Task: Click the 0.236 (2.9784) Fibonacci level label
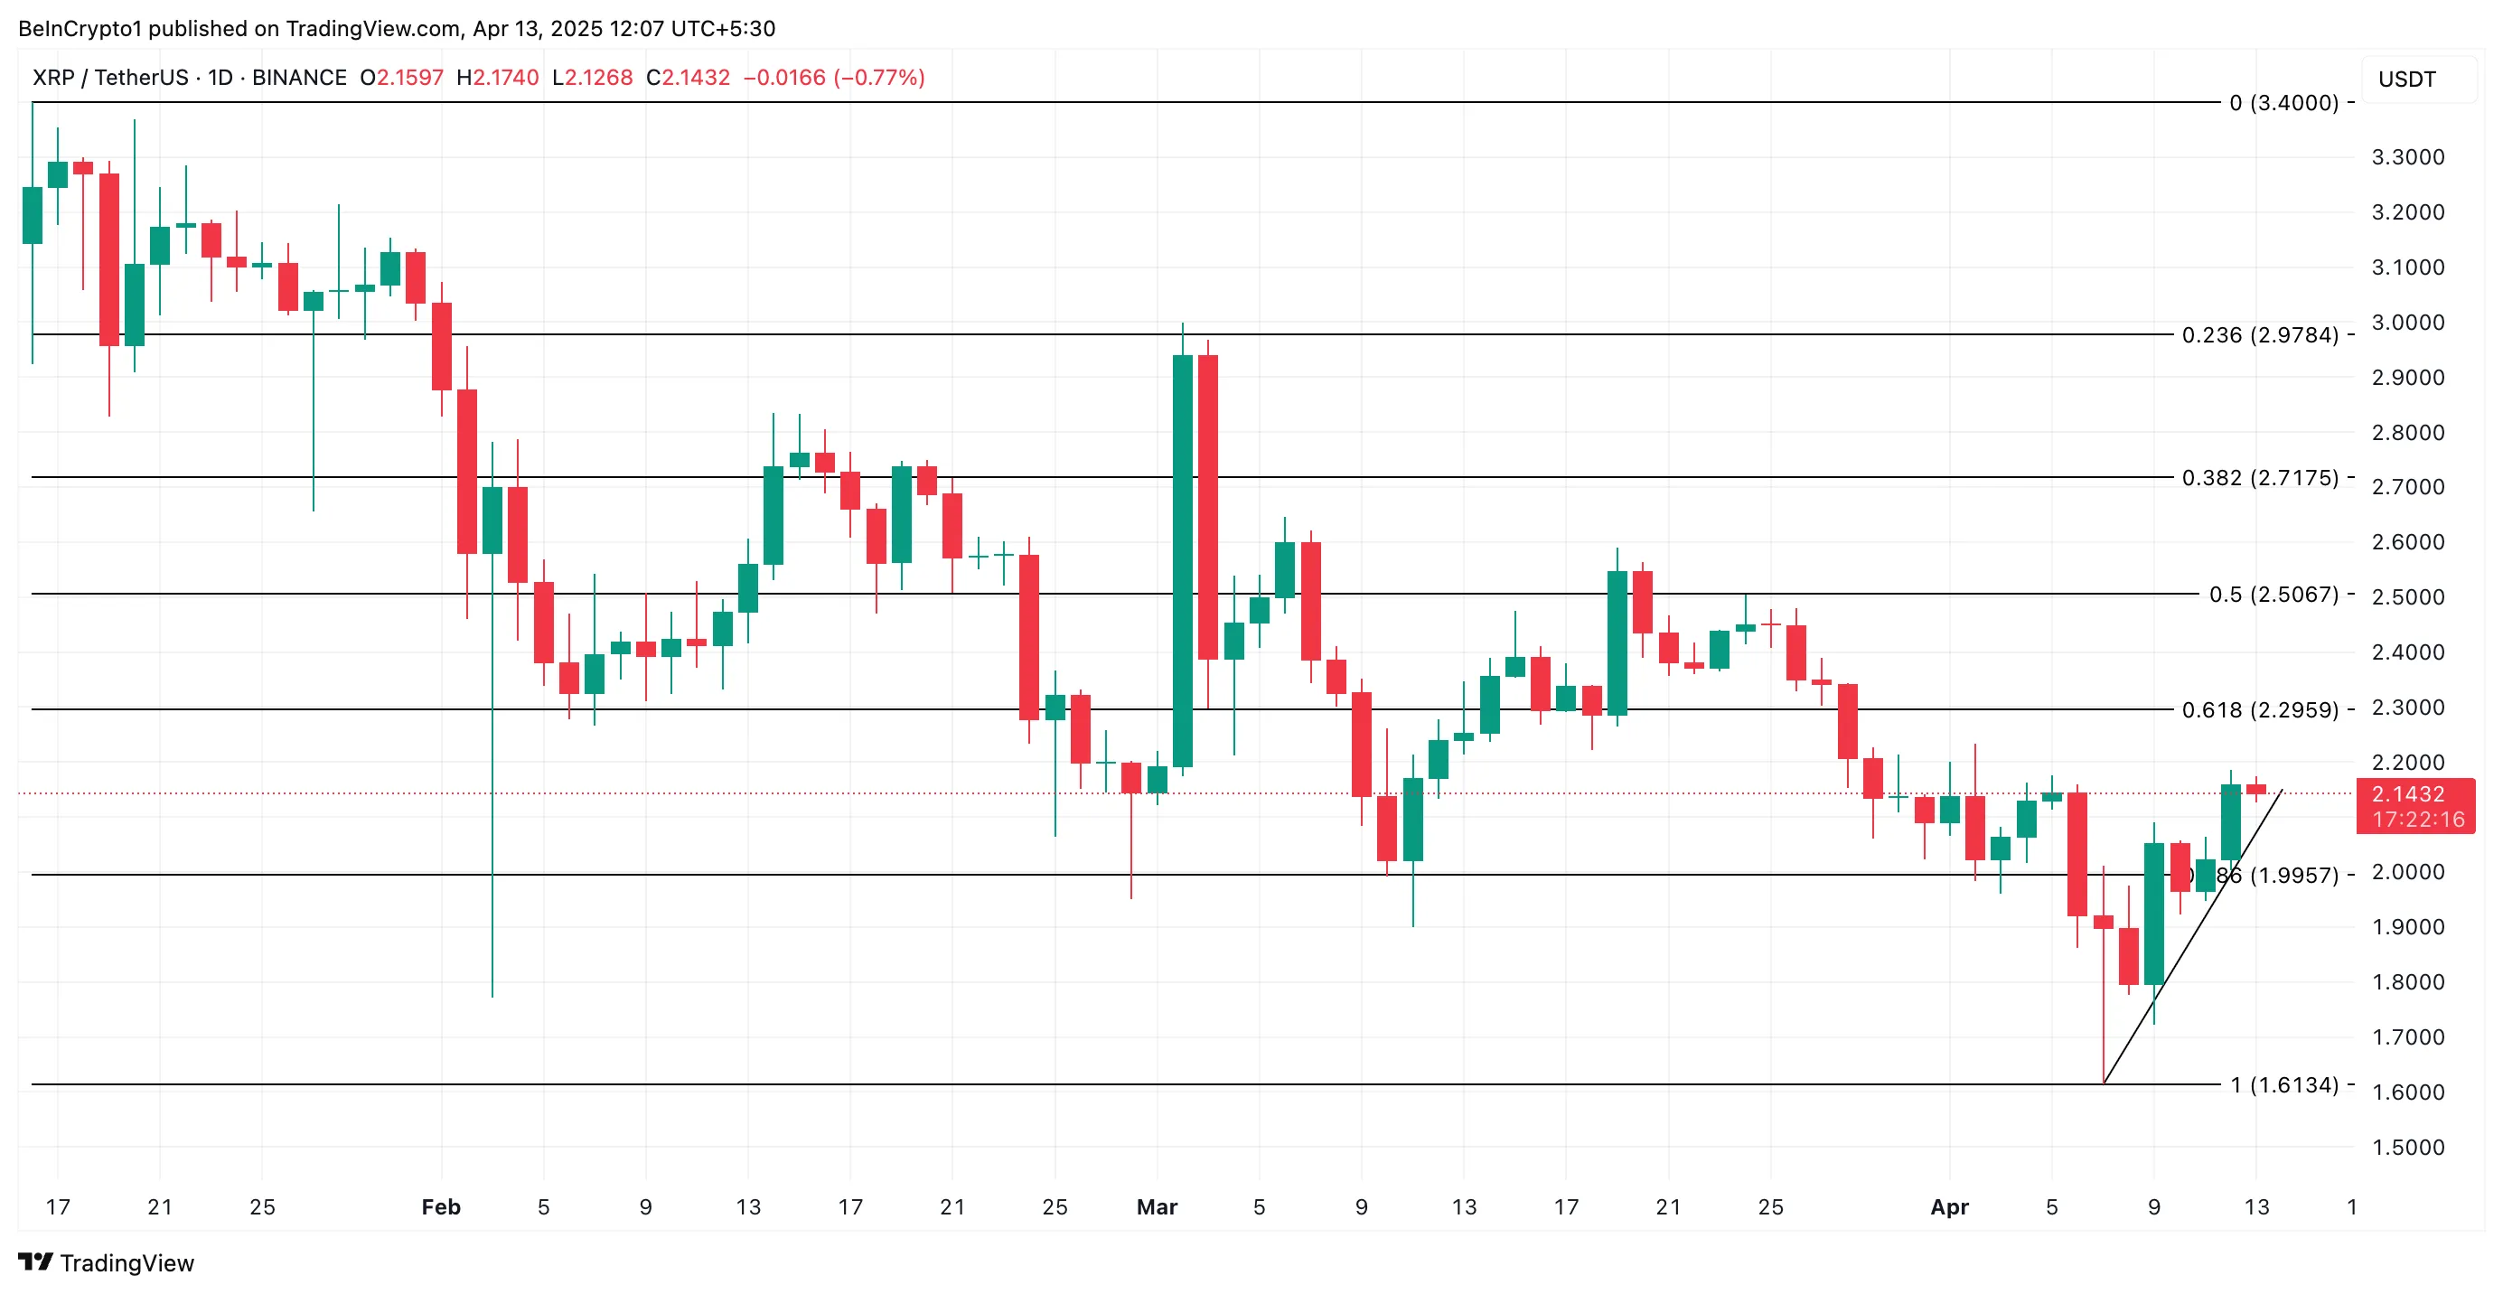point(2259,335)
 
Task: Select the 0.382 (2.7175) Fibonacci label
point(2259,478)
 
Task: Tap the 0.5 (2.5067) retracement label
point(2273,595)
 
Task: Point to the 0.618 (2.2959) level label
point(2259,710)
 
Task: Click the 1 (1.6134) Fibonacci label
point(2283,1085)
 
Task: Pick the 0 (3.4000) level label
point(2283,103)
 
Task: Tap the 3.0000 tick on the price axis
point(2407,323)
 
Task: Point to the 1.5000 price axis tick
point(2407,1148)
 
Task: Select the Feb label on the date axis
point(440,1207)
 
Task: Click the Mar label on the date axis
point(1157,1207)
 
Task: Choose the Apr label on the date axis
point(1949,1207)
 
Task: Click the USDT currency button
point(2407,80)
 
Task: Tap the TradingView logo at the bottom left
point(106,1263)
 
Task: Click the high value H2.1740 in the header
point(498,78)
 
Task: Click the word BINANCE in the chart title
point(299,78)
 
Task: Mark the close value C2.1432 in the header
point(688,78)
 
